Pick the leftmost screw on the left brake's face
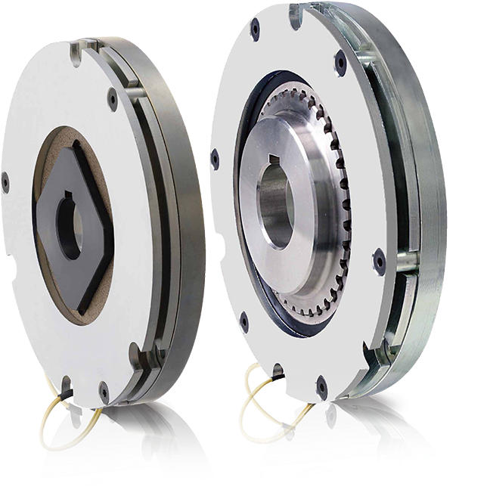(x=5, y=181)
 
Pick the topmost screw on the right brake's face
(x=256, y=28)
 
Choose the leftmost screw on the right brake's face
(x=216, y=159)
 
